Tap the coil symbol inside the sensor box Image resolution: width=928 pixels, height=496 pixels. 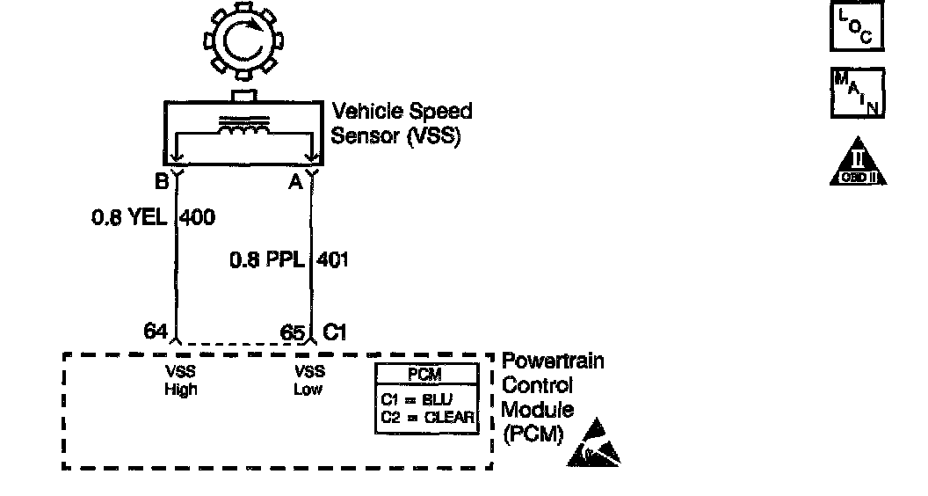[243, 128]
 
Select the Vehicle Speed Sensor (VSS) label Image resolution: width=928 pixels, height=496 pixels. [401, 124]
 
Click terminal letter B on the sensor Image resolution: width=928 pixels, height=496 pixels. [160, 182]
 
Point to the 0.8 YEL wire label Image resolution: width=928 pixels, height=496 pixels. [129, 216]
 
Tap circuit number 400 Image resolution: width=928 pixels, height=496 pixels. [197, 216]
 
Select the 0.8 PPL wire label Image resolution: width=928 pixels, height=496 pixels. [267, 259]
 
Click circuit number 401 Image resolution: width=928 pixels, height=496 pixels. [332, 259]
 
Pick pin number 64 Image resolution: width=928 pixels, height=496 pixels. [156, 332]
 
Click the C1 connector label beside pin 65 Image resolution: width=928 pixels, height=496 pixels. [335, 332]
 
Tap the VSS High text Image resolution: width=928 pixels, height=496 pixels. [181, 380]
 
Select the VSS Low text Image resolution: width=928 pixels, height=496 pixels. [309, 380]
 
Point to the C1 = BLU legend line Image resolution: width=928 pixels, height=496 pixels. [417, 398]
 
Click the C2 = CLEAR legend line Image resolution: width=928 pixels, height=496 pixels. [427, 416]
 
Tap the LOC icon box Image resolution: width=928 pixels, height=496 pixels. [856, 27]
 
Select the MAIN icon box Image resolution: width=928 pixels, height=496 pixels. [857, 93]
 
